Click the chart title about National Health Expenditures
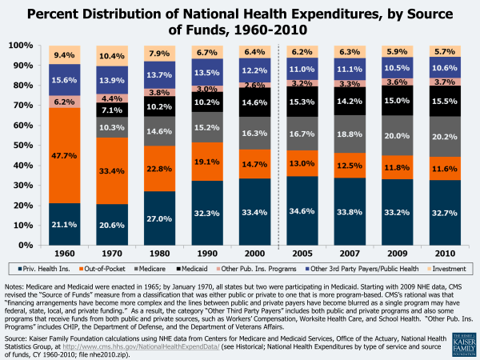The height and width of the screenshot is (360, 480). pos(239,21)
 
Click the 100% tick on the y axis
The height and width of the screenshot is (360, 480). pos(24,46)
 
